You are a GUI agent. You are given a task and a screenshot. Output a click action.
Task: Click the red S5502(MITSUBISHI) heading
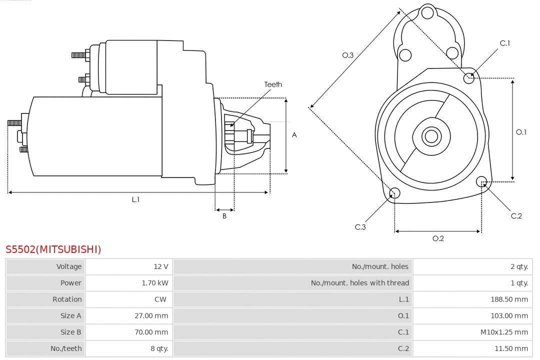(x=53, y=249)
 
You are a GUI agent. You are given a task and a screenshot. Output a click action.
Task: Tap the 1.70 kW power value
(x=155, y=283)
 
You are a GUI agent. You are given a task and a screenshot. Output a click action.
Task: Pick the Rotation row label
(x=67, y=299)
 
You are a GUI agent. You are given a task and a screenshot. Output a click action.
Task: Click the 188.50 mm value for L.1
(x=509, y=299)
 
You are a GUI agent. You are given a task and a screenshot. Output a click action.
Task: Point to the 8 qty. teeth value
(x=159, y=348)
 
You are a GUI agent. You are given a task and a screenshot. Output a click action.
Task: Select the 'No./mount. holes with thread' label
(x=360, y=283)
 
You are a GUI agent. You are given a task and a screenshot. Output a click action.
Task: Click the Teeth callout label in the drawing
(x=273, y=84)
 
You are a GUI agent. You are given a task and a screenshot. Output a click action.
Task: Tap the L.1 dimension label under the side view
(x=135, y=199)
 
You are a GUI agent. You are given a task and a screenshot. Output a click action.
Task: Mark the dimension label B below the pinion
(x=224, y=216)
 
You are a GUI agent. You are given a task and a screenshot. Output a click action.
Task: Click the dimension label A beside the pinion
(x=294, y=135)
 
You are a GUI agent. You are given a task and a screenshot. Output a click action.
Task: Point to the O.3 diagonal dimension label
(x=348, y=55)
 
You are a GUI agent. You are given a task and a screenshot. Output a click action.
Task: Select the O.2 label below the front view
(x=438, y=238)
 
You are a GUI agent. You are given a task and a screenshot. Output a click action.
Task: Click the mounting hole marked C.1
(x=469, y=77)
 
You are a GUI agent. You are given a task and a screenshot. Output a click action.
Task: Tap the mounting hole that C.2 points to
(x=481, y=181)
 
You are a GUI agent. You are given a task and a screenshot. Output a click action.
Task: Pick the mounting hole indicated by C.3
(x=394, y=193)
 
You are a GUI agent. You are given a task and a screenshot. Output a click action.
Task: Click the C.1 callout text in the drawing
(x=505, y=43)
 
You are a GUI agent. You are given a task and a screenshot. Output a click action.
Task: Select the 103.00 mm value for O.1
(x=509, y=315)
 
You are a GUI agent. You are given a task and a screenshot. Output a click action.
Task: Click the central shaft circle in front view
(x=430, y=136)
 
